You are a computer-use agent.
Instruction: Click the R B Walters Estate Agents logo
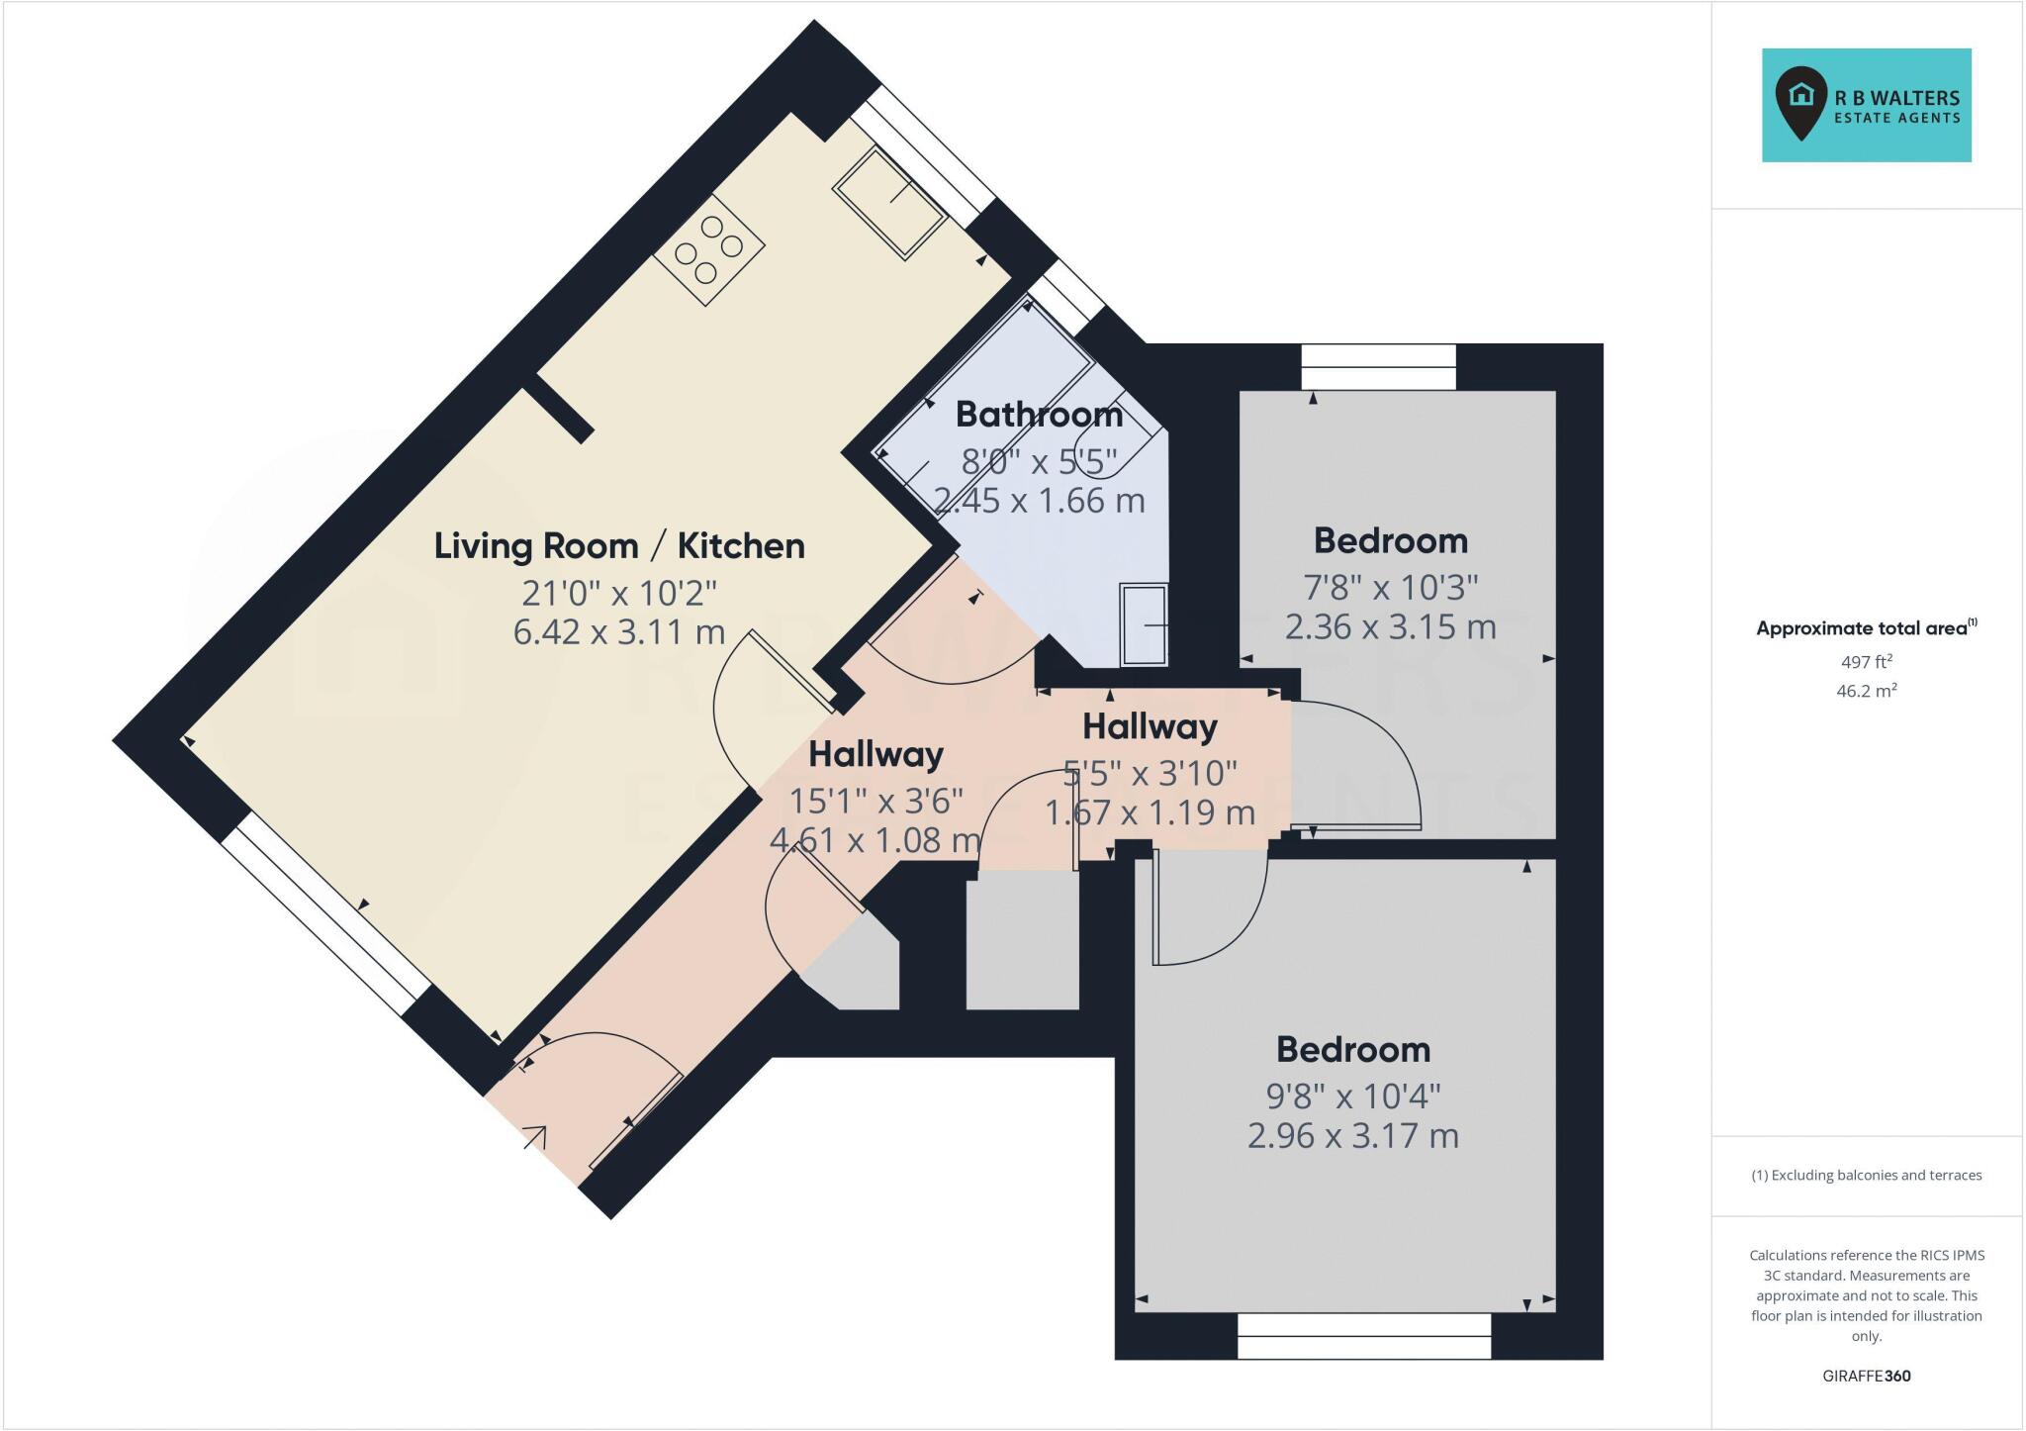(1866, 105)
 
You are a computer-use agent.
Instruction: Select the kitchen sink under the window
(888, 203)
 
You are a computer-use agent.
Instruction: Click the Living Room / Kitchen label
(619, 546)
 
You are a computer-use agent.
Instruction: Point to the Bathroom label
(1039, 415)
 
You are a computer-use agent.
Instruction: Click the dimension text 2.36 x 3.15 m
(1390, 626)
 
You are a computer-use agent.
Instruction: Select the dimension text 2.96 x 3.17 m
(1352, 1135)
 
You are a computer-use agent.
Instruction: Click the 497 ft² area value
(1866, 662)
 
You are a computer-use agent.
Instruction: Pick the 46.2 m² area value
(1866, 691)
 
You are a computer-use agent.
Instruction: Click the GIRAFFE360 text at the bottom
(1866, 1376)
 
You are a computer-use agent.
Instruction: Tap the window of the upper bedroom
(1378, 367)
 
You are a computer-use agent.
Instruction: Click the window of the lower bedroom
(1364, 1336)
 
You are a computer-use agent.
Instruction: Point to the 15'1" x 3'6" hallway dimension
(875, 800)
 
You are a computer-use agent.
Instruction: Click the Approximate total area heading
(1866, 627)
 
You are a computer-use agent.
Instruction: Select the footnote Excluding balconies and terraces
(1866, 1176)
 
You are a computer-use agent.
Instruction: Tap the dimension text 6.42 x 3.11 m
(619, 631)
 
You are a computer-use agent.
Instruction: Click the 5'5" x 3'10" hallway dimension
(1150, 773)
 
